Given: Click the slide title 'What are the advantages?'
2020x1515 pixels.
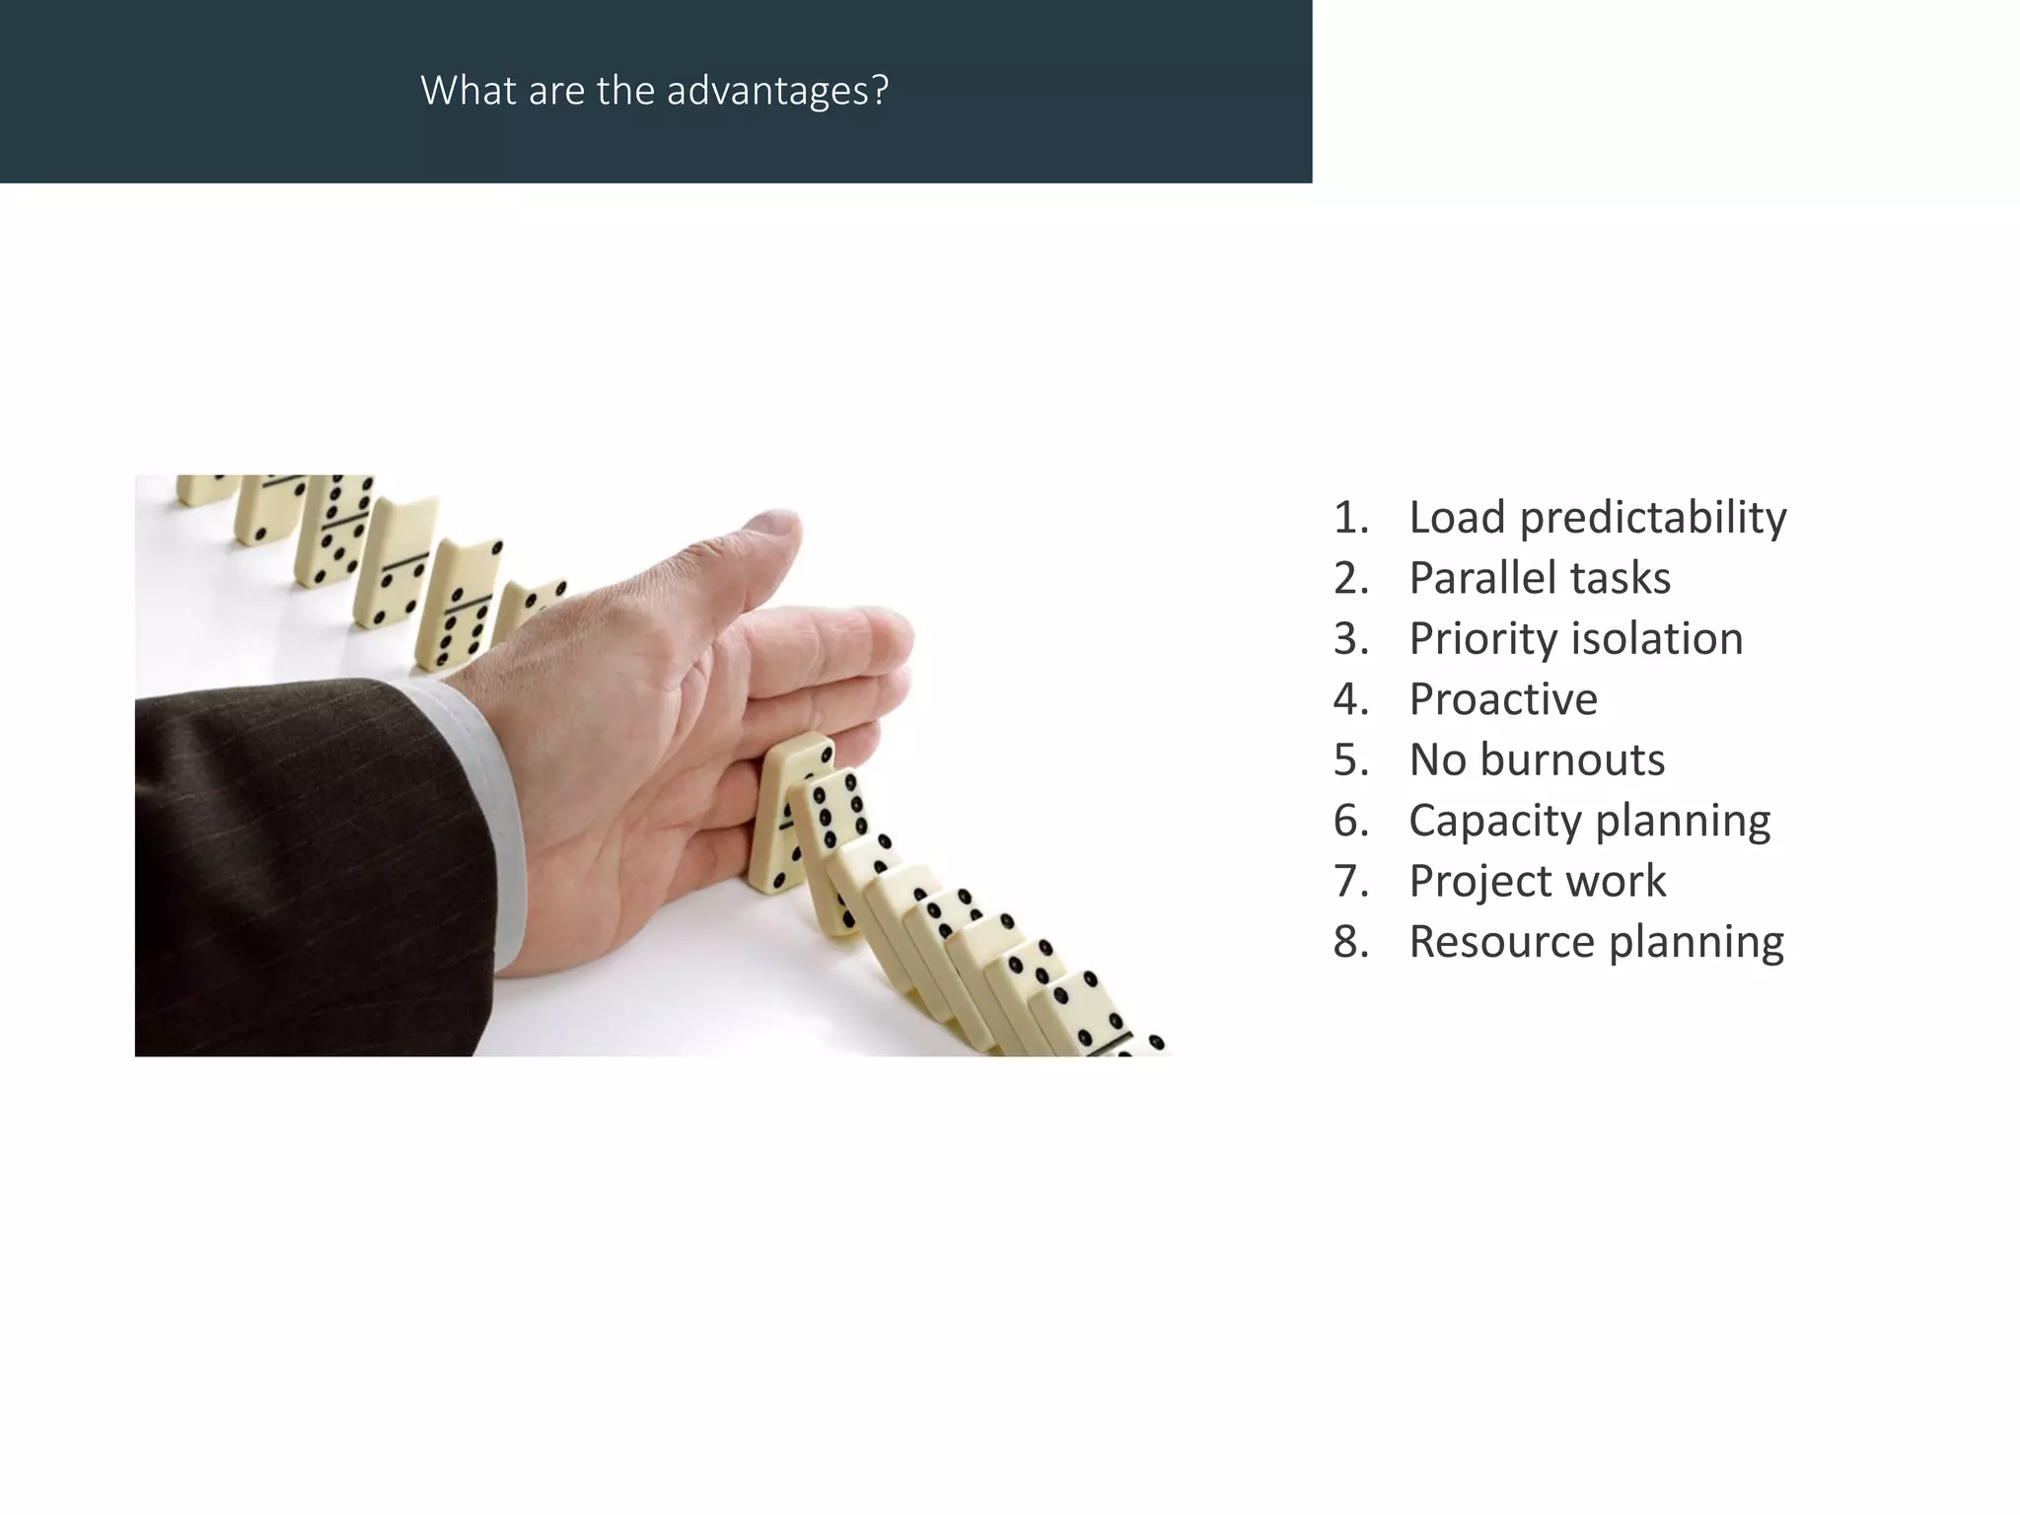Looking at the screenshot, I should coord(654,91).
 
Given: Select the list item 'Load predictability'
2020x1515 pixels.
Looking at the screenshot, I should coord(1596,518).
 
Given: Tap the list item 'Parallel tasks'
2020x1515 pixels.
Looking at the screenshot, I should coord(1539,578).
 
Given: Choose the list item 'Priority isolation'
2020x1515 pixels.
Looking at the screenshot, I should coord(1575,639).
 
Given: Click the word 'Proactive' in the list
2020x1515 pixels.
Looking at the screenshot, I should coord(1502,699).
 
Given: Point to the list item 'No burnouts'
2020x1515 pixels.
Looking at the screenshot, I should coord(1536,760).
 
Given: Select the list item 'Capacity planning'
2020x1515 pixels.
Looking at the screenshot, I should coord(1588,821).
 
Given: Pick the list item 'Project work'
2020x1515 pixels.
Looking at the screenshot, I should coord(1537,881).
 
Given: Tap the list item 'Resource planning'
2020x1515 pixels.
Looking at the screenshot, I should coord(1595,942).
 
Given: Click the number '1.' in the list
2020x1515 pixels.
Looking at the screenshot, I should coord(1351,518).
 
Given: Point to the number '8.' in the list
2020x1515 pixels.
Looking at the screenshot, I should coord(1351,942).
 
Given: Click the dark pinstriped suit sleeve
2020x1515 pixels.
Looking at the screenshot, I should coord(296,868).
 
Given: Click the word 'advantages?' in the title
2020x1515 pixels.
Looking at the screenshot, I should coord(777,91).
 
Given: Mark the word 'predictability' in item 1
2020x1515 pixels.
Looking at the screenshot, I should coord(1652,518).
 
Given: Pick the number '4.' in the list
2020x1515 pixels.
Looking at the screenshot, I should coord(1351,699).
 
